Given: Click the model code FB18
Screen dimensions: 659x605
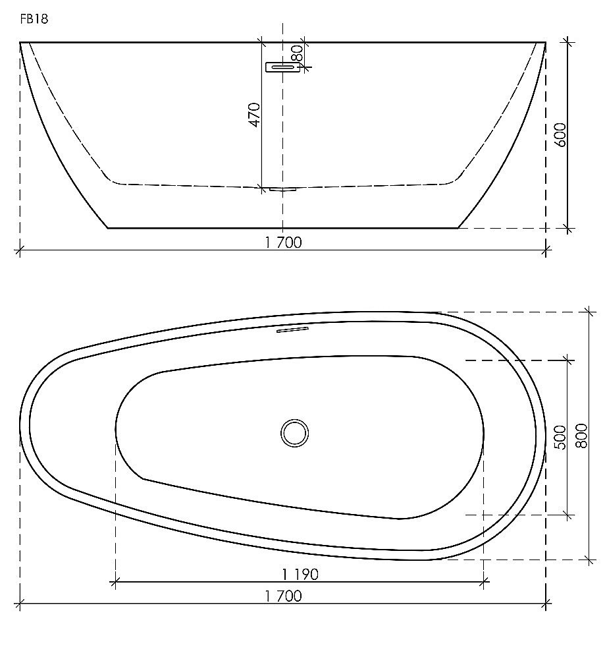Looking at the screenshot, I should click(x=34, y=19).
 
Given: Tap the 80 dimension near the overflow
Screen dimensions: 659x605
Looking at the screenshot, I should click(x=297, y=53).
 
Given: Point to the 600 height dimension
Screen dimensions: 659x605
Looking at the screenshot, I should click(x=561, y=134).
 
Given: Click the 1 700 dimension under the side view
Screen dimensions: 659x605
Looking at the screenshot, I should click(x=283, y=243).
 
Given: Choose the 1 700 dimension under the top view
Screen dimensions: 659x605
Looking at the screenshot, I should click(x=283, y=596).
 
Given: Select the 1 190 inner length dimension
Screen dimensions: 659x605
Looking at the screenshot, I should click(x=300, y=574).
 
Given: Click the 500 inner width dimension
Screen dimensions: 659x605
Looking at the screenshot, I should click(x=561, y=437).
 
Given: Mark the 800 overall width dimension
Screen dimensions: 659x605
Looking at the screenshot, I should click(x=581, y=436).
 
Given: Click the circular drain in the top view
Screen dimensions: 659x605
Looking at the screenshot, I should click(x=294, y=433).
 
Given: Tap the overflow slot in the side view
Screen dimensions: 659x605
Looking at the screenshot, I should click(x=282, y=67).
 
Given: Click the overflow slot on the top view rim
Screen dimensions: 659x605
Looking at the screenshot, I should click(x=292, y=329).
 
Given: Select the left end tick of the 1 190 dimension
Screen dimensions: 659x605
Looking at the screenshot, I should click(x=115, y=581).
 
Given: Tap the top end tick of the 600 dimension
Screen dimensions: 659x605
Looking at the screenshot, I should click(x=568, y=43).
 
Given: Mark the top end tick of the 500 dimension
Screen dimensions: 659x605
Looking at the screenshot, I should click(x=567, y=360).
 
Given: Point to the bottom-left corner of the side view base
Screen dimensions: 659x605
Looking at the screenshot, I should click(x=108, y=228).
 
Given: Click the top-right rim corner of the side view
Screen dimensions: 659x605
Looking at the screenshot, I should click(x=546, y=43).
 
